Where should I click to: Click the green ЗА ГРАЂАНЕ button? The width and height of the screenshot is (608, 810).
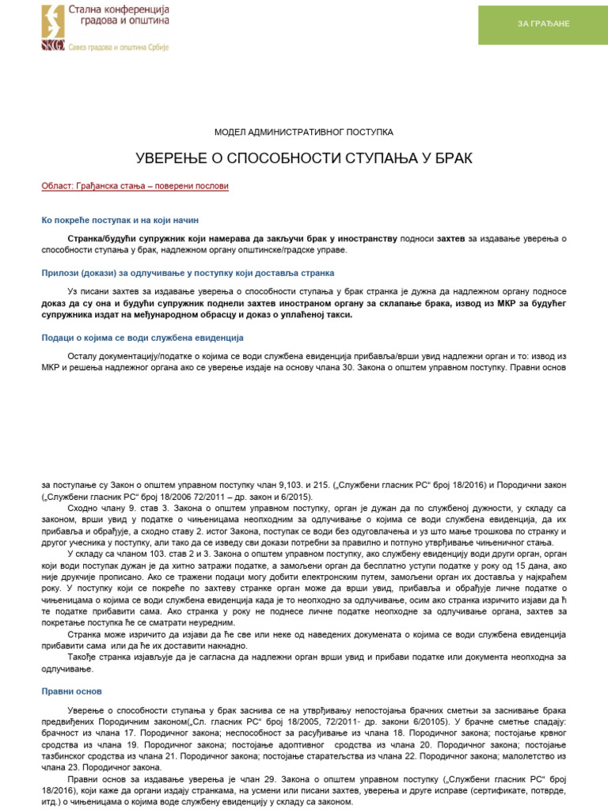click(543, 24)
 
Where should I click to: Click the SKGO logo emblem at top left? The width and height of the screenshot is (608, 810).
click(54, 26)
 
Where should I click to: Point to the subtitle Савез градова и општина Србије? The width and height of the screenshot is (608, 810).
click(117, 47)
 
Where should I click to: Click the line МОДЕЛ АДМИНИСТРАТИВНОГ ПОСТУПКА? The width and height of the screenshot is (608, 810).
click(303, 132)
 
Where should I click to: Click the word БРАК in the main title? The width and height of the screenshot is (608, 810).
click(451, 159)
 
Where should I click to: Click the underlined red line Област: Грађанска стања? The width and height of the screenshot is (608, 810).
click(135, 187)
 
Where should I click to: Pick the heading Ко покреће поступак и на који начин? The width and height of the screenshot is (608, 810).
click(125, 220)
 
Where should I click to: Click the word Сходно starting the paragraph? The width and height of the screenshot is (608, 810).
click(83, 509)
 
